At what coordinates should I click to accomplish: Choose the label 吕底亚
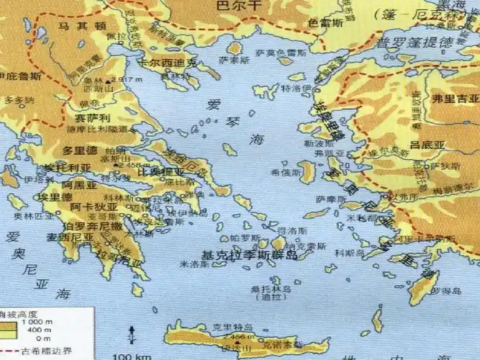[425, 145]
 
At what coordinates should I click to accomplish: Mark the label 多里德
[80, 150]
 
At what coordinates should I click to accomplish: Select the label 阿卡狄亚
[90, 207]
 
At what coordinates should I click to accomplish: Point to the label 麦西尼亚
[70, 236]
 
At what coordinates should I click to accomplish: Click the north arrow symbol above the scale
[130, 333]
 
